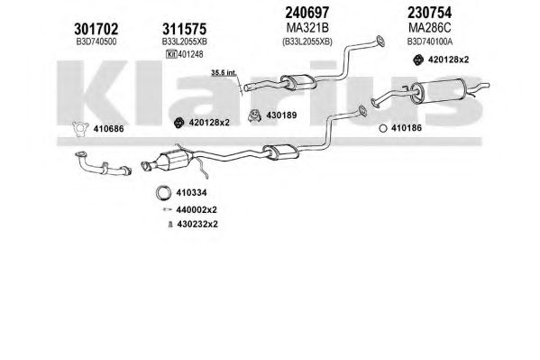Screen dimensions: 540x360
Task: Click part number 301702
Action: click(x=96, y=29)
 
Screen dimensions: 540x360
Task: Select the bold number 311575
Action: click(x=185, y=29)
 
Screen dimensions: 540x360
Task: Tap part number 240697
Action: click(x=307, y=13)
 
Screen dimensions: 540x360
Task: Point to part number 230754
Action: click(x=429, y=13)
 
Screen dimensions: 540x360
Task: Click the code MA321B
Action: click(x=307, y=27)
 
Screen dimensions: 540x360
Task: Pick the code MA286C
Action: click(x=429, y=27)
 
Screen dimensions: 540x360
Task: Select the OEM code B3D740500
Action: click(x=96, y=42)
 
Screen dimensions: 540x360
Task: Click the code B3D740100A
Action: click(x=430, y=42)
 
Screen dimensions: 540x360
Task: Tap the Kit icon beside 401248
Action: click(x=171, y=54)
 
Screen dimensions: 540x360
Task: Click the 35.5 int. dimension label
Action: click(x=224, y=73)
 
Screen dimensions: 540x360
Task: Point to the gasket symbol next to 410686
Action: click(x=80, y=129)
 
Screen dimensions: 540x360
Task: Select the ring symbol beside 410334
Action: click(x=163, y=193)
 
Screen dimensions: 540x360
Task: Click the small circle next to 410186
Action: click(x=382, y=128)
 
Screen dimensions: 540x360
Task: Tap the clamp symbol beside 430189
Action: click(x=254, y=115)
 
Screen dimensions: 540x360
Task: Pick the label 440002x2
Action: click(x=197, y=209)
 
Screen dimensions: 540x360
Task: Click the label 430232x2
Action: click(x=197, y=224)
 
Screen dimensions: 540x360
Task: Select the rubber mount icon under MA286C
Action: click(x=418, y=60)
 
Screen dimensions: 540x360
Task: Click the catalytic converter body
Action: click(x=171, y=161)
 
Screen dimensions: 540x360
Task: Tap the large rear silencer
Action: click(x=438, y=90)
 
